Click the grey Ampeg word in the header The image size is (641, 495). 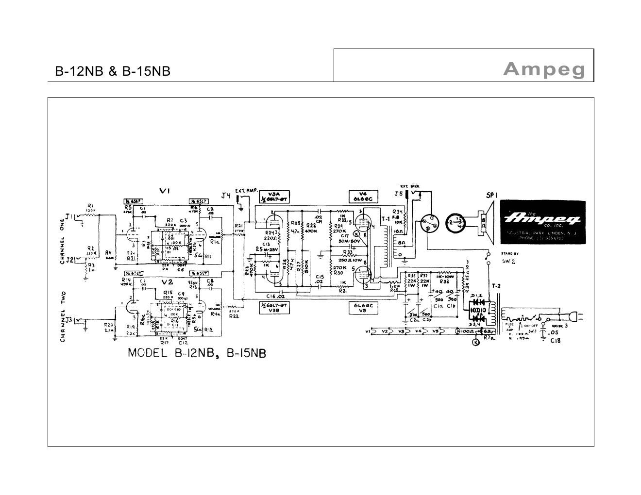click(x=544, y=69)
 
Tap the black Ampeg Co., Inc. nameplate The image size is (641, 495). click(x=543, y=222)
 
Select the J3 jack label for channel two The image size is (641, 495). click(x=69, y=320)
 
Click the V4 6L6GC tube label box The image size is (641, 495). click(x=363, y=196)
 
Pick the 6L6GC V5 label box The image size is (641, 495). click(x=363, y=308)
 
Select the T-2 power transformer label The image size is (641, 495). click(x=496, y=286)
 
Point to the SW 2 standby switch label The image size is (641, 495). click(x=509, y=261)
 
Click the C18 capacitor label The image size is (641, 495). click(x=555, y=340)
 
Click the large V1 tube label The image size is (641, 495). click(x=165, y=191)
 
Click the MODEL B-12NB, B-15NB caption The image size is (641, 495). click(x=197, y=353)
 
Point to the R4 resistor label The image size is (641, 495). click(x=108, y=253)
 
